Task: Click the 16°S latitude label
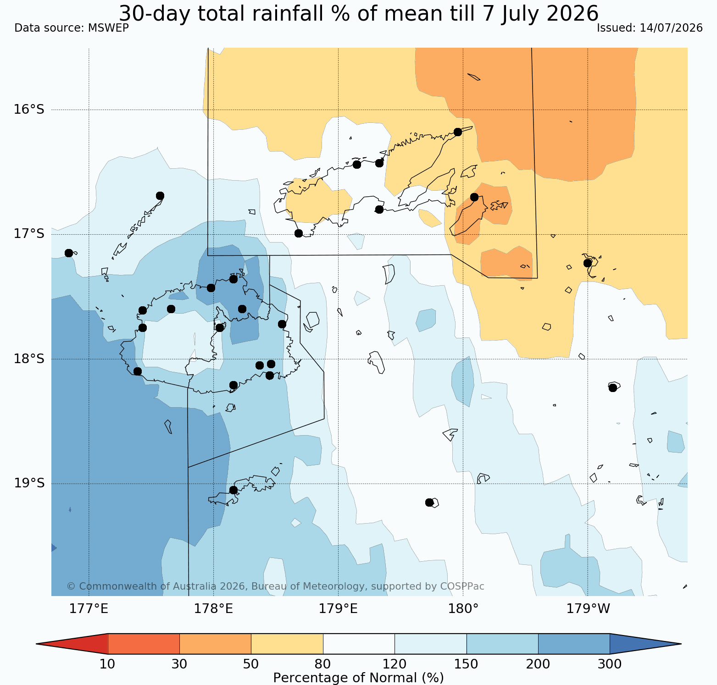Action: pos(29,110)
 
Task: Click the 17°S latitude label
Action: pos(29,234)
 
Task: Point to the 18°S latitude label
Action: pos(29,359)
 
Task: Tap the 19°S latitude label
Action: pos(29,483)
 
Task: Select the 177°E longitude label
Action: pos(89,609)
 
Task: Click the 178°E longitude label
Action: pos(213,609)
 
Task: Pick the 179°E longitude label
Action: pos(338,609)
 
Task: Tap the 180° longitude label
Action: pos(463,609)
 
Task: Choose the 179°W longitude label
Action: pos(588,609)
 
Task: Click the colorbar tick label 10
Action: pos(107,664)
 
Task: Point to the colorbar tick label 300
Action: pos(610,664)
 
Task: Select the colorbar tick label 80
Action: pos(323,664)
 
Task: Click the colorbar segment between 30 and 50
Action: pos(215,644)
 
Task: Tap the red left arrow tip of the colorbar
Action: pos(37,644)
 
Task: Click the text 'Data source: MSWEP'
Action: pos(72,28)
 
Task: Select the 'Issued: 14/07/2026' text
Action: pos(650,28)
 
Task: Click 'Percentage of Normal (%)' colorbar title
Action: pos(358,678)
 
